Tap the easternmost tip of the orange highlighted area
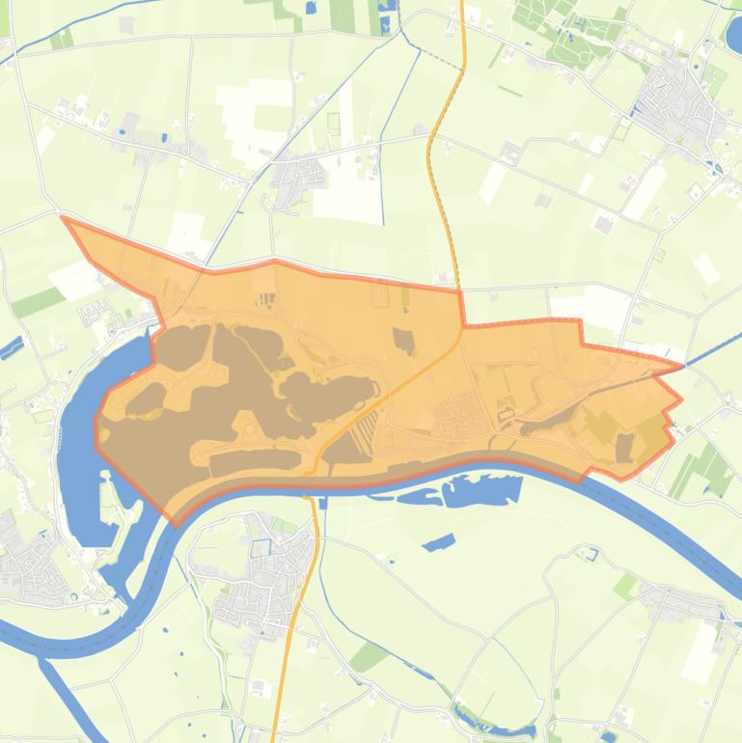pyautogui.click(x=681, y=399)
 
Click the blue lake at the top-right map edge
pyautogui.click(x=734, y=37)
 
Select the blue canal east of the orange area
pyautogui.click(x=714, y=349)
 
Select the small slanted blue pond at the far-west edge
pyautogui.click(x=11, y=347)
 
